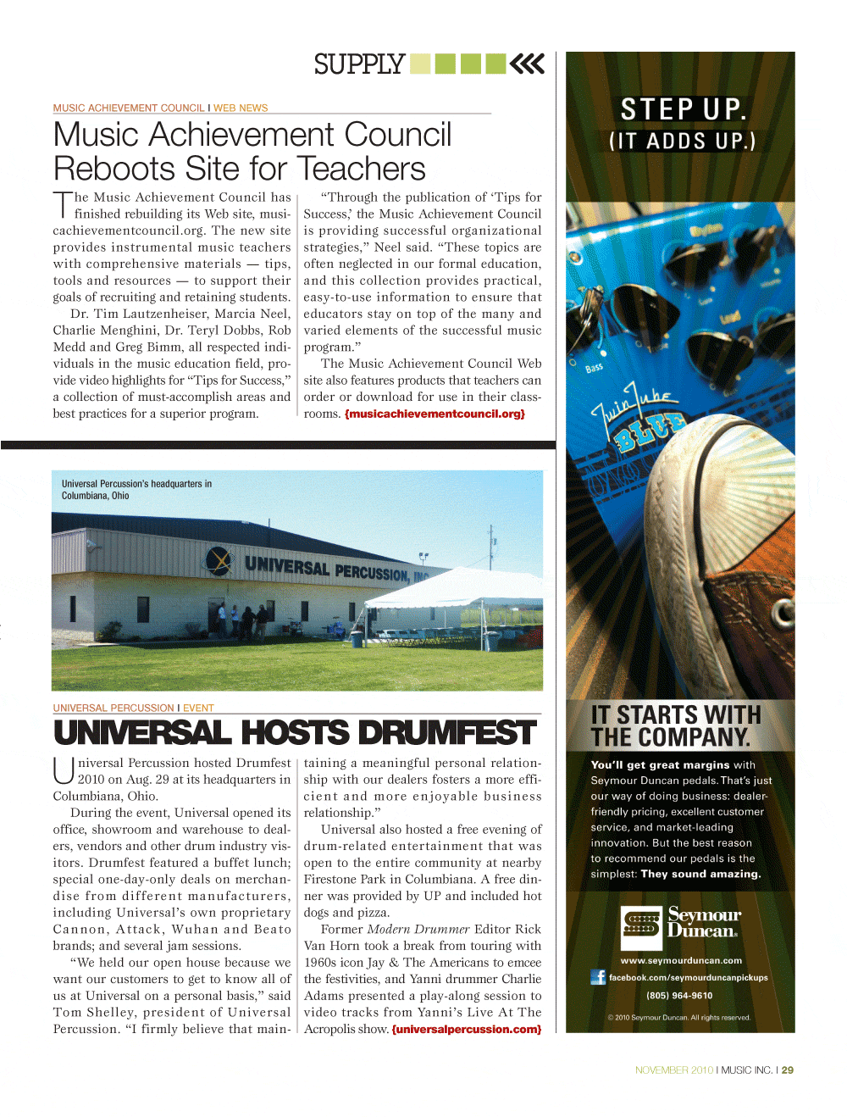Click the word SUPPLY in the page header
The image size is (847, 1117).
click(x=359, y=64)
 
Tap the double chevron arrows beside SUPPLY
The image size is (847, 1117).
click(x=527, y=64)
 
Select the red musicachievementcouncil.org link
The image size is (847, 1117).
click(x=435, y=414)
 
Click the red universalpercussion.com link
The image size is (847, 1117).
click(x=467, y=1030)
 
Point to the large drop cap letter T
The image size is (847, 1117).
click(x=64, y=205)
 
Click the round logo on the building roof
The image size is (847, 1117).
click(x=219, y=559)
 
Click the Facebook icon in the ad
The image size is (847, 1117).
click(x=598, y=977)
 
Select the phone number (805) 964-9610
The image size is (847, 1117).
click(x=679, y=996)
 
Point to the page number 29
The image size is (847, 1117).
click(x=788, y=1070)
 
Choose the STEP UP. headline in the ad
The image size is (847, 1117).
click(x=683, y=109)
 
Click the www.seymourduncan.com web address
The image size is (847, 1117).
click(x=681, y=960)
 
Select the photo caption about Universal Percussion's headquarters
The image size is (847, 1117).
click(x=136, y=490)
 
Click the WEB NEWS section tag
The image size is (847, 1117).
click(x=241, y=108)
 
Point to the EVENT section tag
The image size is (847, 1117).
click(x=198, y=709)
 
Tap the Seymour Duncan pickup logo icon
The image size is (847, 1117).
click(x=642, y=924)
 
